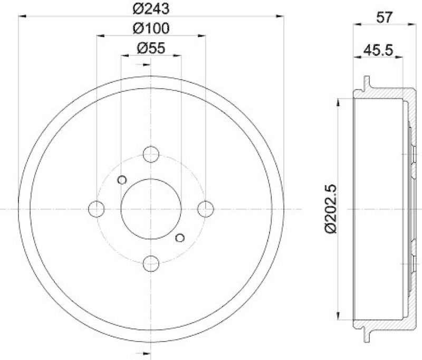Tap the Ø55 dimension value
click(151, 48)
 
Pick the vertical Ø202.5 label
click(331, 209)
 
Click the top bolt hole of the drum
click(151, 155)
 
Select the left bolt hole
click(97, 209)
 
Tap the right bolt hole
click(205, 209)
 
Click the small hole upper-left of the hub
click(122, 180)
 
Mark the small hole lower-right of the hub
click(180, 238)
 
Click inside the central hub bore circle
click(151, 209)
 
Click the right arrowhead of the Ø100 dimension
click(202, 35)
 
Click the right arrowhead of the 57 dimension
click(410, 24)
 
